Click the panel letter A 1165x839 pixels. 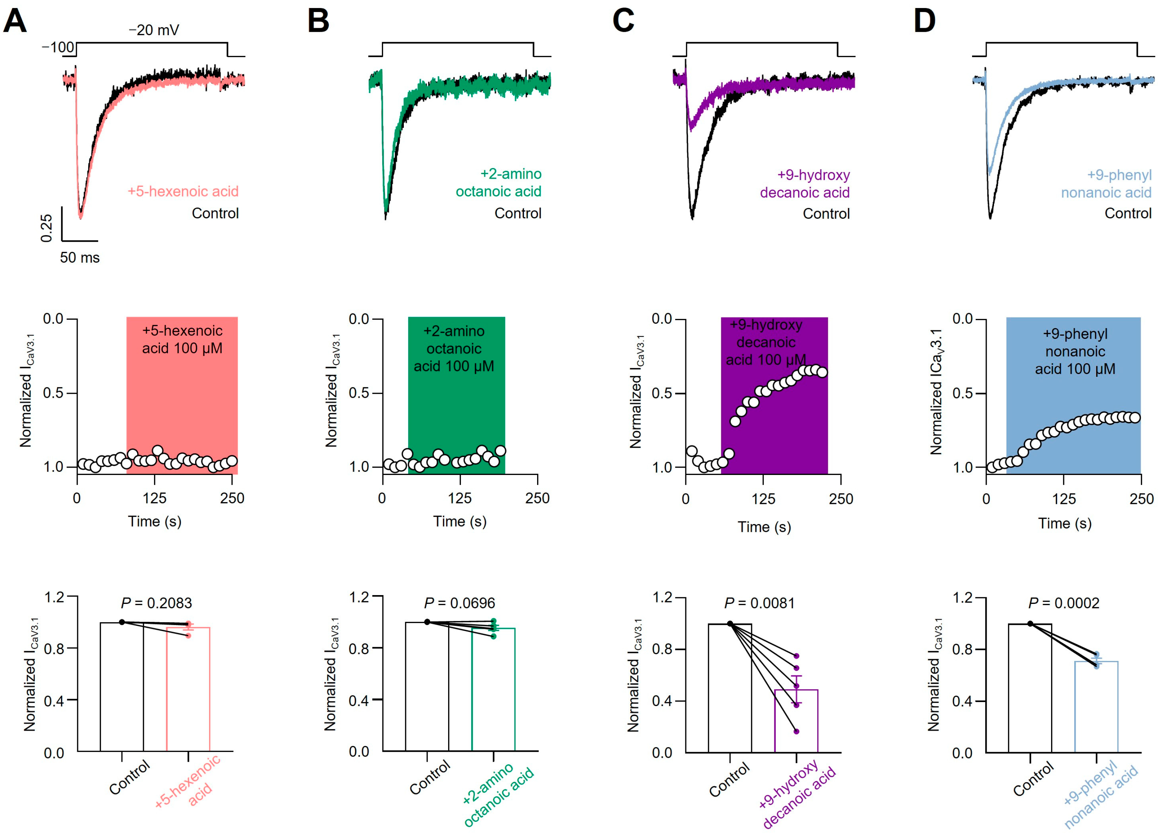(x=15, y=22)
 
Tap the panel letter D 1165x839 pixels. (x=924, y=22)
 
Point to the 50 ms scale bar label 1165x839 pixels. (x=79, y=257)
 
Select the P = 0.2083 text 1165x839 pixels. (x=156, y=603)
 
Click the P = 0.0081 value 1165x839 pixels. (x=759, y=603)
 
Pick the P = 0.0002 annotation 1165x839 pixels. (x=1064, y=603)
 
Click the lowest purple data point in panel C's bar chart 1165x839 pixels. (x=796, y=731)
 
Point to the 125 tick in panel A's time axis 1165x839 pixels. (x=154, y=498)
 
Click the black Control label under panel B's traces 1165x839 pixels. (x=518, y=213)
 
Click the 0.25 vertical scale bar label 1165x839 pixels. (x=46, y=228)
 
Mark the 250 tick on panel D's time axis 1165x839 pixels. (x=1141, y=498)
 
